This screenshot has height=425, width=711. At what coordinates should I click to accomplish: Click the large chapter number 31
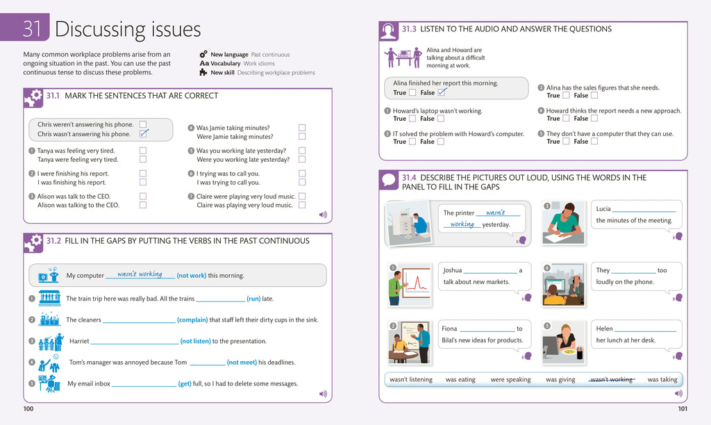(x=32, y=29)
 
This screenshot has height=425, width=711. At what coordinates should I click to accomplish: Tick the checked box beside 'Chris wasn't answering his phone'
(x=144, y=133)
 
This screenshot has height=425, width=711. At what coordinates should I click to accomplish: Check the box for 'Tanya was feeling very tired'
(x=143, y=151)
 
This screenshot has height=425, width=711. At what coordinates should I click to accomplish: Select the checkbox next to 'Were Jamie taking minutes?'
(x=302, y=137)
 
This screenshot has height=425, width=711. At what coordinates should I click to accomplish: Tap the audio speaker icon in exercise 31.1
(x=323, y=215)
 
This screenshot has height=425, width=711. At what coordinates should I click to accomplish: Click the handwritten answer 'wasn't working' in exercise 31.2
(x=140, y=274)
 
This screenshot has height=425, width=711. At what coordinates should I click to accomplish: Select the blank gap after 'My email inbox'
(x=144, y=383)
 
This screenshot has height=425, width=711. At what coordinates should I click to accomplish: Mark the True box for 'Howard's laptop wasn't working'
(x=412, y=119)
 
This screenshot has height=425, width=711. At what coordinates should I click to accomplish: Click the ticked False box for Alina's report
(x=441, y=92)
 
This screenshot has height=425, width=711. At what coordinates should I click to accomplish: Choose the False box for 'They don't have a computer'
(x=594, y=142)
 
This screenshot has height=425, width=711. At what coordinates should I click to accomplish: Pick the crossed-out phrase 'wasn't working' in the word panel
(x=611, y=380)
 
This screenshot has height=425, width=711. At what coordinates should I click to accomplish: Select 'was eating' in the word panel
(x=460, y=380)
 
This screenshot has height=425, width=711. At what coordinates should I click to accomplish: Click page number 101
(x=682, y=409)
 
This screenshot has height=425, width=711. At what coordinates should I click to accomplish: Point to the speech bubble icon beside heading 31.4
(x=389, y=181)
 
